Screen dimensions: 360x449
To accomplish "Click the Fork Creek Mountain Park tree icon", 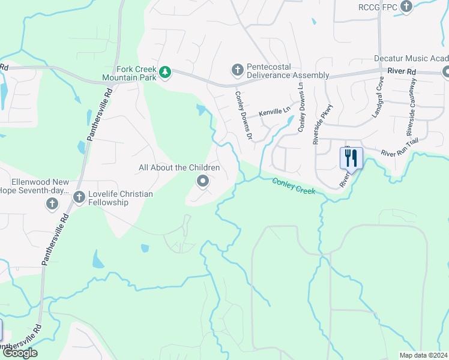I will point(165,73).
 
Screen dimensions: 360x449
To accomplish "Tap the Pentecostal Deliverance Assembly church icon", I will point(237,70).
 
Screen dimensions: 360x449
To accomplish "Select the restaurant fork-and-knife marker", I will point(351,158).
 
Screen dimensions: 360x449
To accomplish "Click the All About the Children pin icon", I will point(203,181).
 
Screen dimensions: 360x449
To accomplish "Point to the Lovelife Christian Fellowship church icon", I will point(79,197).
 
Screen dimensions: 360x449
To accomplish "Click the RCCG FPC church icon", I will point(406,7).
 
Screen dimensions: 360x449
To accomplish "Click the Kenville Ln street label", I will point(274,112).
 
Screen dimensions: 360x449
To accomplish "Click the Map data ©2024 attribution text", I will point(423,355).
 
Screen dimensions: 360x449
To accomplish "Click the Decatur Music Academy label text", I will point(411,58).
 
